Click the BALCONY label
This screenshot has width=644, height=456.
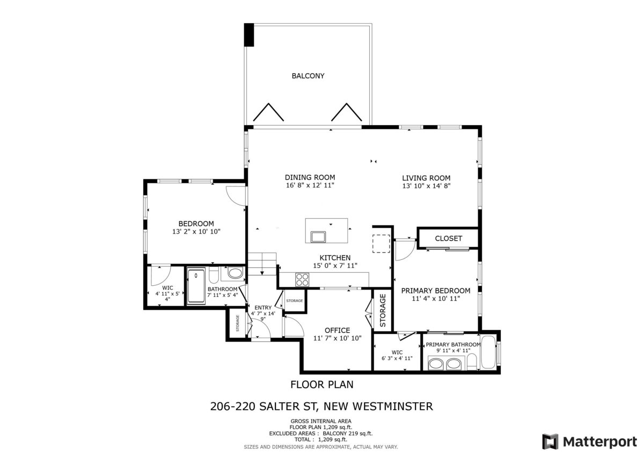(x=308, y=76)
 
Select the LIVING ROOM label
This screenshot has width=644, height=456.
(x=426, y=178)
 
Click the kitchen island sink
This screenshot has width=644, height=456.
(x=319, y=236)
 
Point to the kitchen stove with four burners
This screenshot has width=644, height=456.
(x=302, y=279)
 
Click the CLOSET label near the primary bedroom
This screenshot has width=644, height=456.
(x=448, y=238)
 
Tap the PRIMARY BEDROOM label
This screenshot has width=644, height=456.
(x=436, y=291)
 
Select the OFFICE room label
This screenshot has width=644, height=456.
(x=337, y=330)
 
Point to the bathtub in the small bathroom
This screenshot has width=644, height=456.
(x=196, y=286)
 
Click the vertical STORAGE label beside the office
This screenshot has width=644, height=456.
(x=383, y=310)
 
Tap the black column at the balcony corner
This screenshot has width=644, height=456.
(x=250, y=35)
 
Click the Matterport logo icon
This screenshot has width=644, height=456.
(x=550, y=441)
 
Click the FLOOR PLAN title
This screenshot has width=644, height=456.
(x=321, y=385)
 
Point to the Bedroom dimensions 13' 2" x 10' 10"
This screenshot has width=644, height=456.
(x=196, y=231)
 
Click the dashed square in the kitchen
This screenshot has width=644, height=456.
(x=382, y=243)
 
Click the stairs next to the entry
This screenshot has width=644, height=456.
(x=261, y=265)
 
